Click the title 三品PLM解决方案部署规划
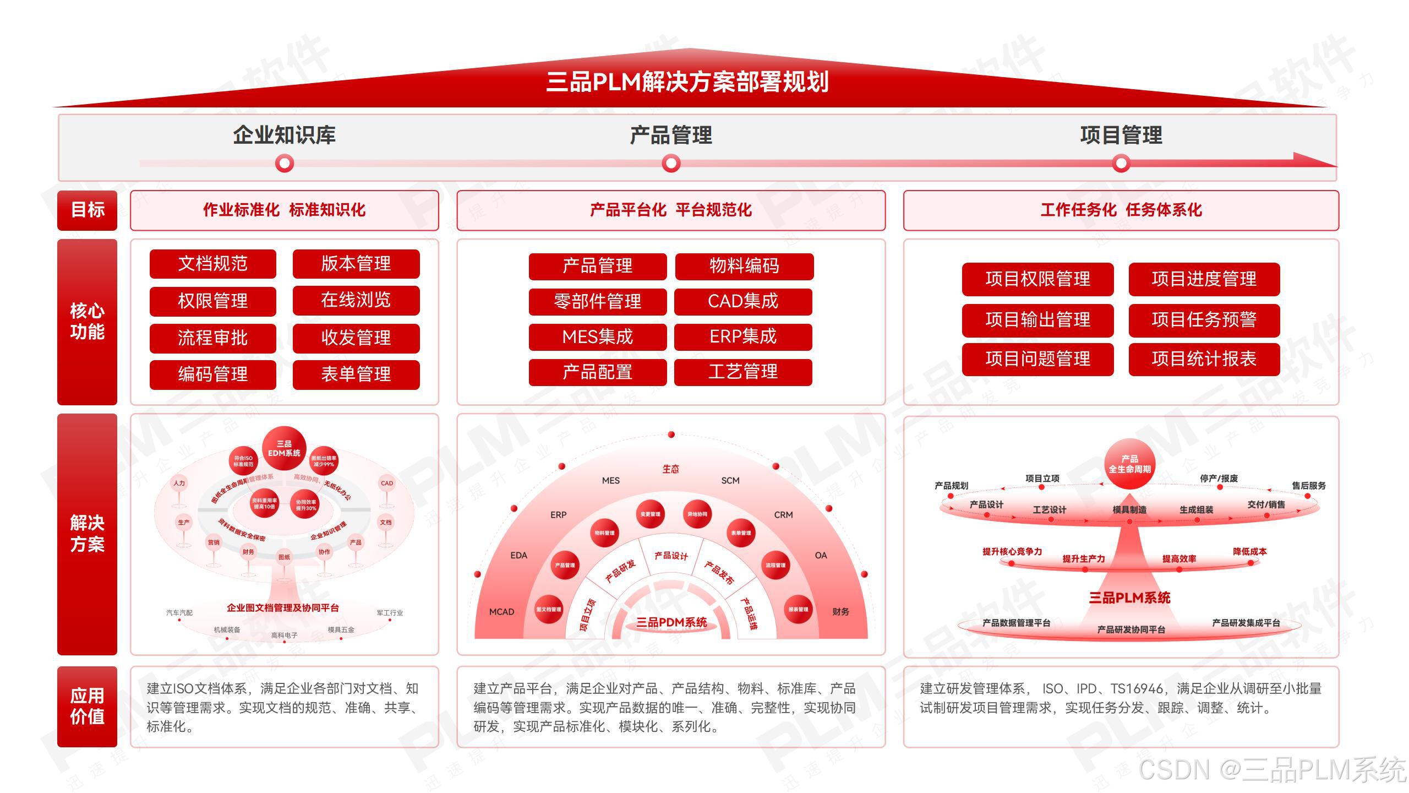coord(687,82)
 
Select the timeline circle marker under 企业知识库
coord(285,164)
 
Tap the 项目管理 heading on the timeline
coord(1121,135)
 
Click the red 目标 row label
coord(87,210)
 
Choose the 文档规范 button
coord(212,264)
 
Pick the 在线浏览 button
coord(356,300)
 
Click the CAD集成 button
coord(743,301)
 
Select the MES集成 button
coord(597,336)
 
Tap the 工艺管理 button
coord(743,372)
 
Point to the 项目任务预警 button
coord(1204,320)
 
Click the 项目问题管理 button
coord(1037,359)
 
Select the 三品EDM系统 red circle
coord(284,449)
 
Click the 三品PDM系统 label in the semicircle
coord(671,622)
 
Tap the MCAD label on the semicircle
coord(501,612)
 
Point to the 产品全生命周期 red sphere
coord(1129,464)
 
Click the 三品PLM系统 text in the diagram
coord(1129,598)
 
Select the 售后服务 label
coord(1309,486)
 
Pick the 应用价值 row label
coord(87,706)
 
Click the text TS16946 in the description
coord(1137,689)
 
